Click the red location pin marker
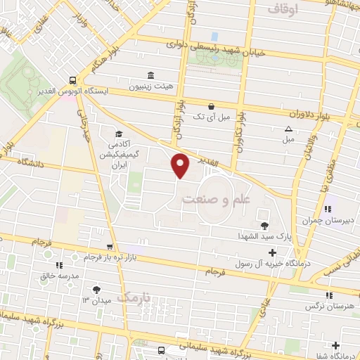pos(181,165)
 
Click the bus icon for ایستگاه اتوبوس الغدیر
pos(72,79)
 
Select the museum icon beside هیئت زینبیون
pos(148,75)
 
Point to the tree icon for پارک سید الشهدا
pos(264,225)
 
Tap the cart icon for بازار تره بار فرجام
pos(109,247)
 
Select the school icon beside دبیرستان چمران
pos(328,209)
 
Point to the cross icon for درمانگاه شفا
pos(335,345)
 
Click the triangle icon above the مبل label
pos(288,129)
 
